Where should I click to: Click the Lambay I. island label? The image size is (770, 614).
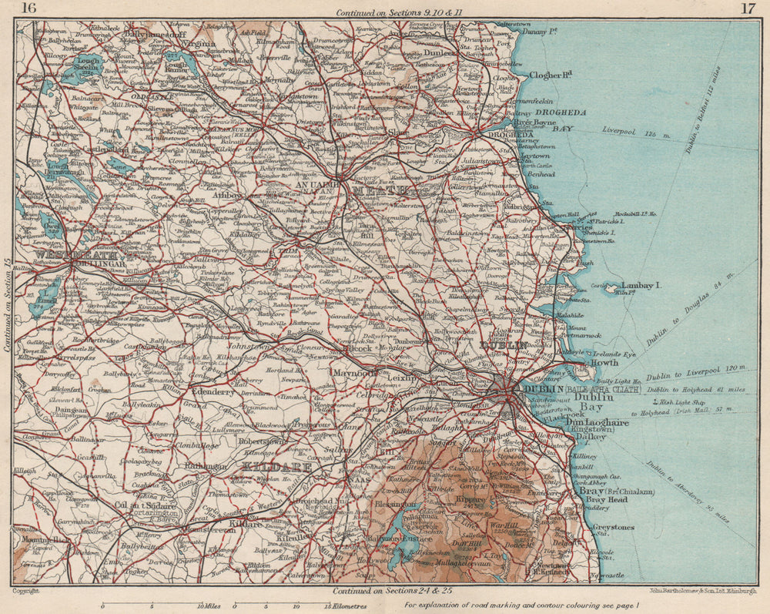click(641, 286)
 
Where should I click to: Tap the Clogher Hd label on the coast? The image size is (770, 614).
click(551, 75)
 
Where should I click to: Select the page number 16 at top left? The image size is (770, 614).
click(28, 9)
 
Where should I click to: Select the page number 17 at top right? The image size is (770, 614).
click(747, 9)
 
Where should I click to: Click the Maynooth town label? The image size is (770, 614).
click(355, 372)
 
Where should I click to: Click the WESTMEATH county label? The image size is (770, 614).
click(76, 253)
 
